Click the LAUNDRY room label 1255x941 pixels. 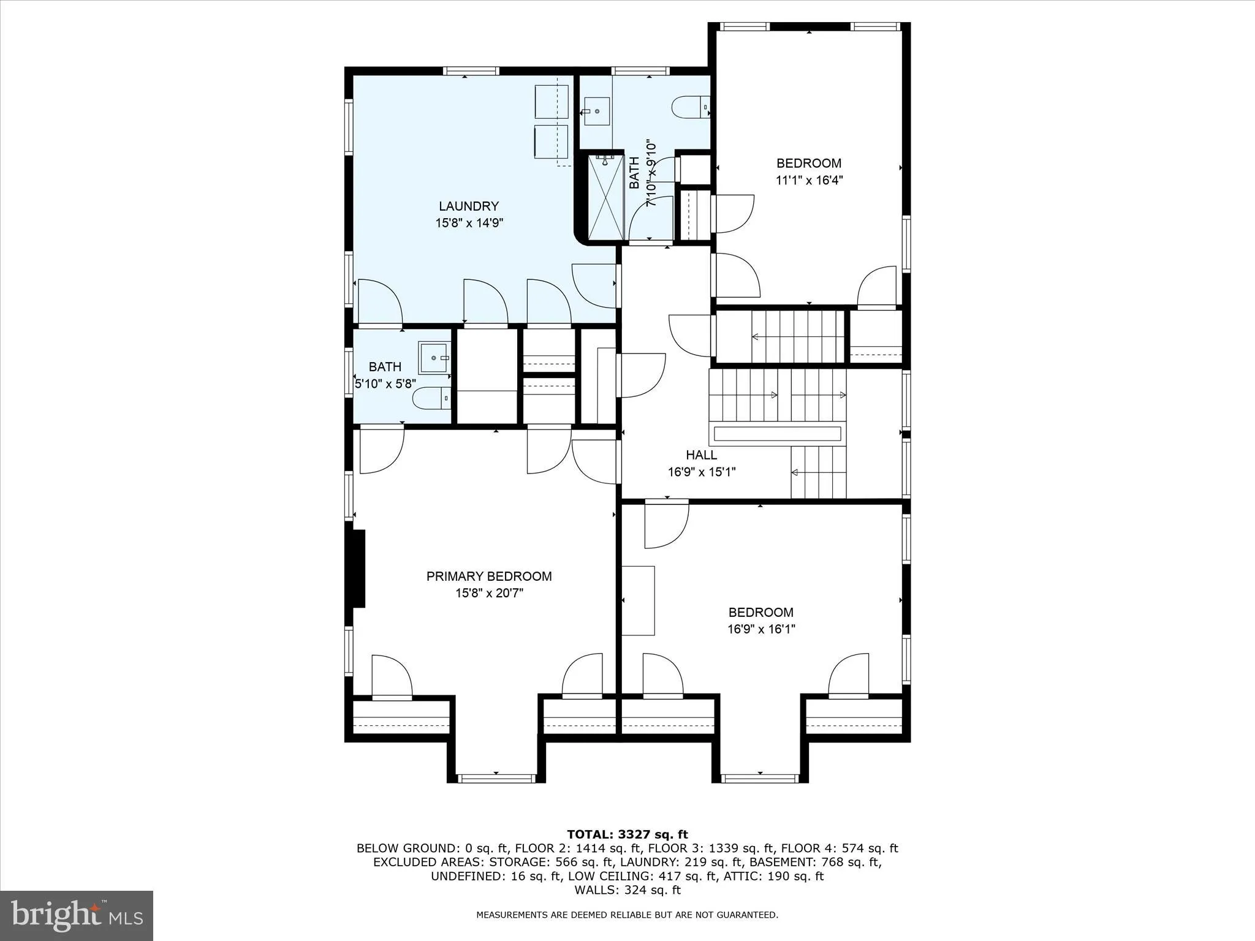click(468, 206)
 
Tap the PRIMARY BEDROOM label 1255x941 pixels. click(489, 576)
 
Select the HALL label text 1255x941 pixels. click(701, 455)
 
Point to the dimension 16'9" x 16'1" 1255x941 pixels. click(761, 629)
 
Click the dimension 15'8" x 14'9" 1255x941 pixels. click(469, 223)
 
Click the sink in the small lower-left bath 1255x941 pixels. click(434, 358)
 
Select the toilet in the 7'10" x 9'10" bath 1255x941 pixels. click(690, 107)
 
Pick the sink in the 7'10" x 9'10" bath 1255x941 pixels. click(595, 112)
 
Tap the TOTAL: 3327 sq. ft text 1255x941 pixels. click(627, 834)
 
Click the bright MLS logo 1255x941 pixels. click(77, 915)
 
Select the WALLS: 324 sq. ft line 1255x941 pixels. click(627, 890)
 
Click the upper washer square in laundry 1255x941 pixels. click(552, 102)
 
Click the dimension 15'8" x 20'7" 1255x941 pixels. click(489, 593)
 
